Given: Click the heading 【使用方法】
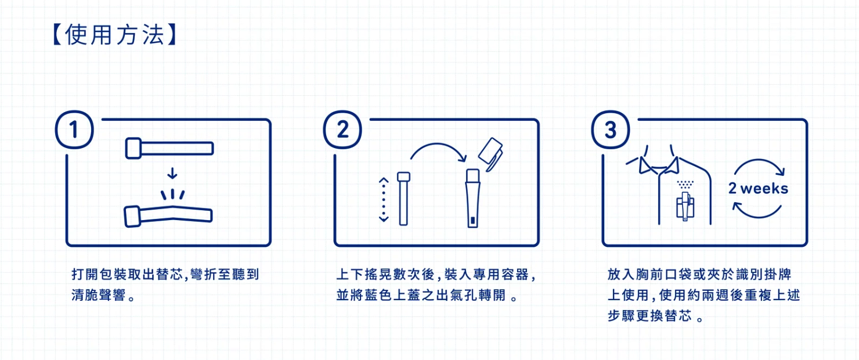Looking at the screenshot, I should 114,35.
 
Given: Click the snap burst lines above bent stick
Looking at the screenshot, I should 172,193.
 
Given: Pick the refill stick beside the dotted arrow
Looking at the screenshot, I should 403,198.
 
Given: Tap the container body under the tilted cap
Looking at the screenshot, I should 473,200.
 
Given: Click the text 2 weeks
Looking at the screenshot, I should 758,189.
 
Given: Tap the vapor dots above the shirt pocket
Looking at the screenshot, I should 685,184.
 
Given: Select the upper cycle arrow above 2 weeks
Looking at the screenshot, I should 759,167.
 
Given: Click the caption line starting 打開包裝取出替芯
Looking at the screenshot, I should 165,274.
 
